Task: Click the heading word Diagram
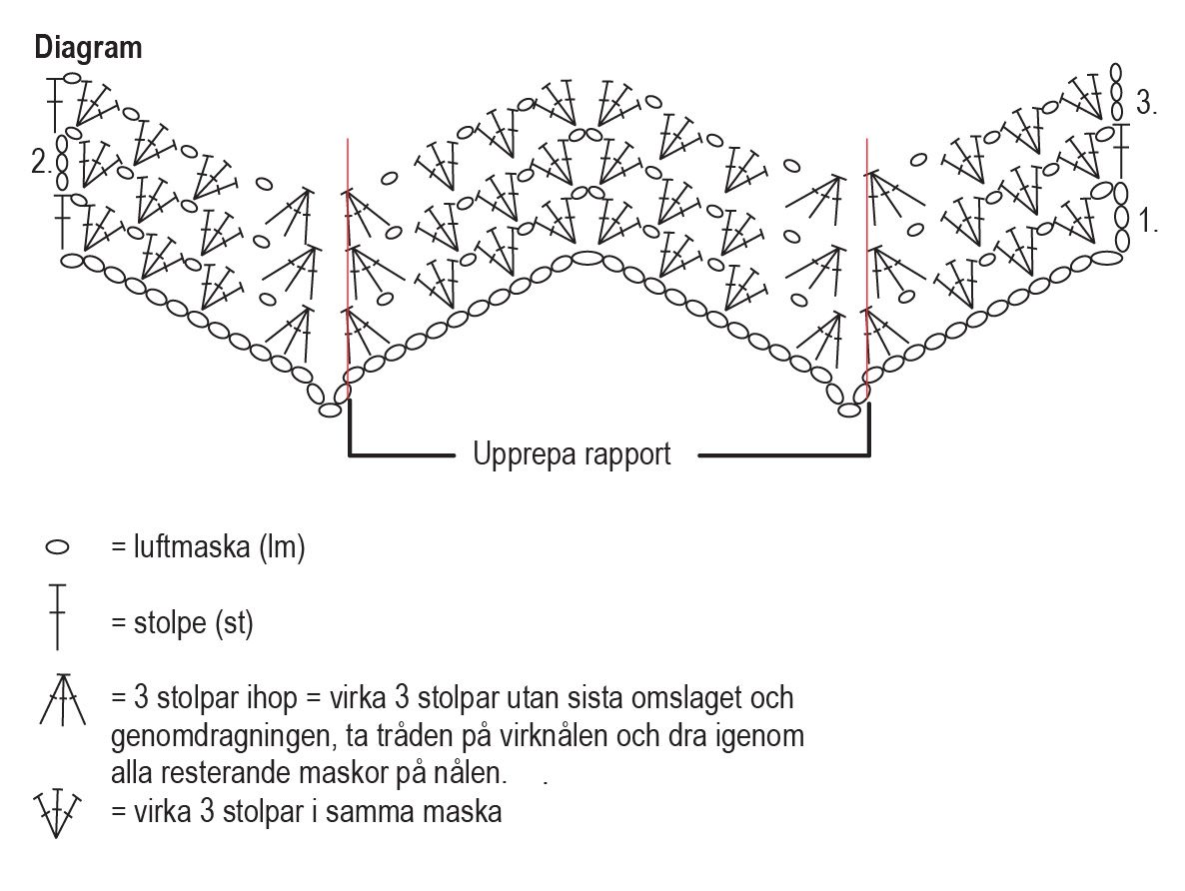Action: tap(88, 48)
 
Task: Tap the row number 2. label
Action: tap(40, 162)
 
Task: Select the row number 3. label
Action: tap(1147, 103)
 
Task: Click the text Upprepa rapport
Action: tap(572, 455)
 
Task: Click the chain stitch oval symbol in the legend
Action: tap(58, 548)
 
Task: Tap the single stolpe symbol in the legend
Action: tap(57, 615)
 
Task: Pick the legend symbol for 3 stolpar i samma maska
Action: tap(57, 812)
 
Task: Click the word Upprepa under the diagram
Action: tap(522, 455)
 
